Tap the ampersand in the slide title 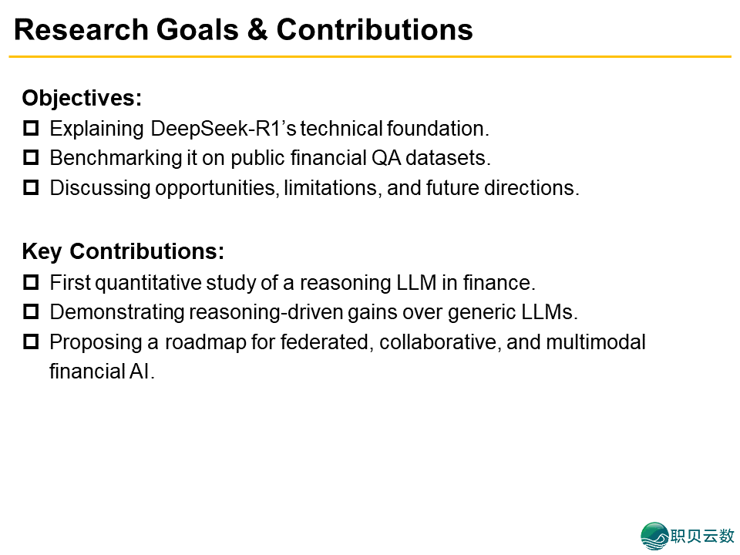[257, 30]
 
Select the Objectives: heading [82, 99]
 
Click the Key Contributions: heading [123, 251]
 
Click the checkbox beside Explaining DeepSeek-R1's [31, 129]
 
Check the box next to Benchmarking [31, 157]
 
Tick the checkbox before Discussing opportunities [31, 188]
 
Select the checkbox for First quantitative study [31, 283]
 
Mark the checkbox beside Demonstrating [31, 312]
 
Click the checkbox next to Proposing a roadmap [31, 342]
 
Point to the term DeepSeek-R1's [224, 129]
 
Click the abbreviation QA [385, 158]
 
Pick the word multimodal [596, 342]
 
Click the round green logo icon [655, 536]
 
